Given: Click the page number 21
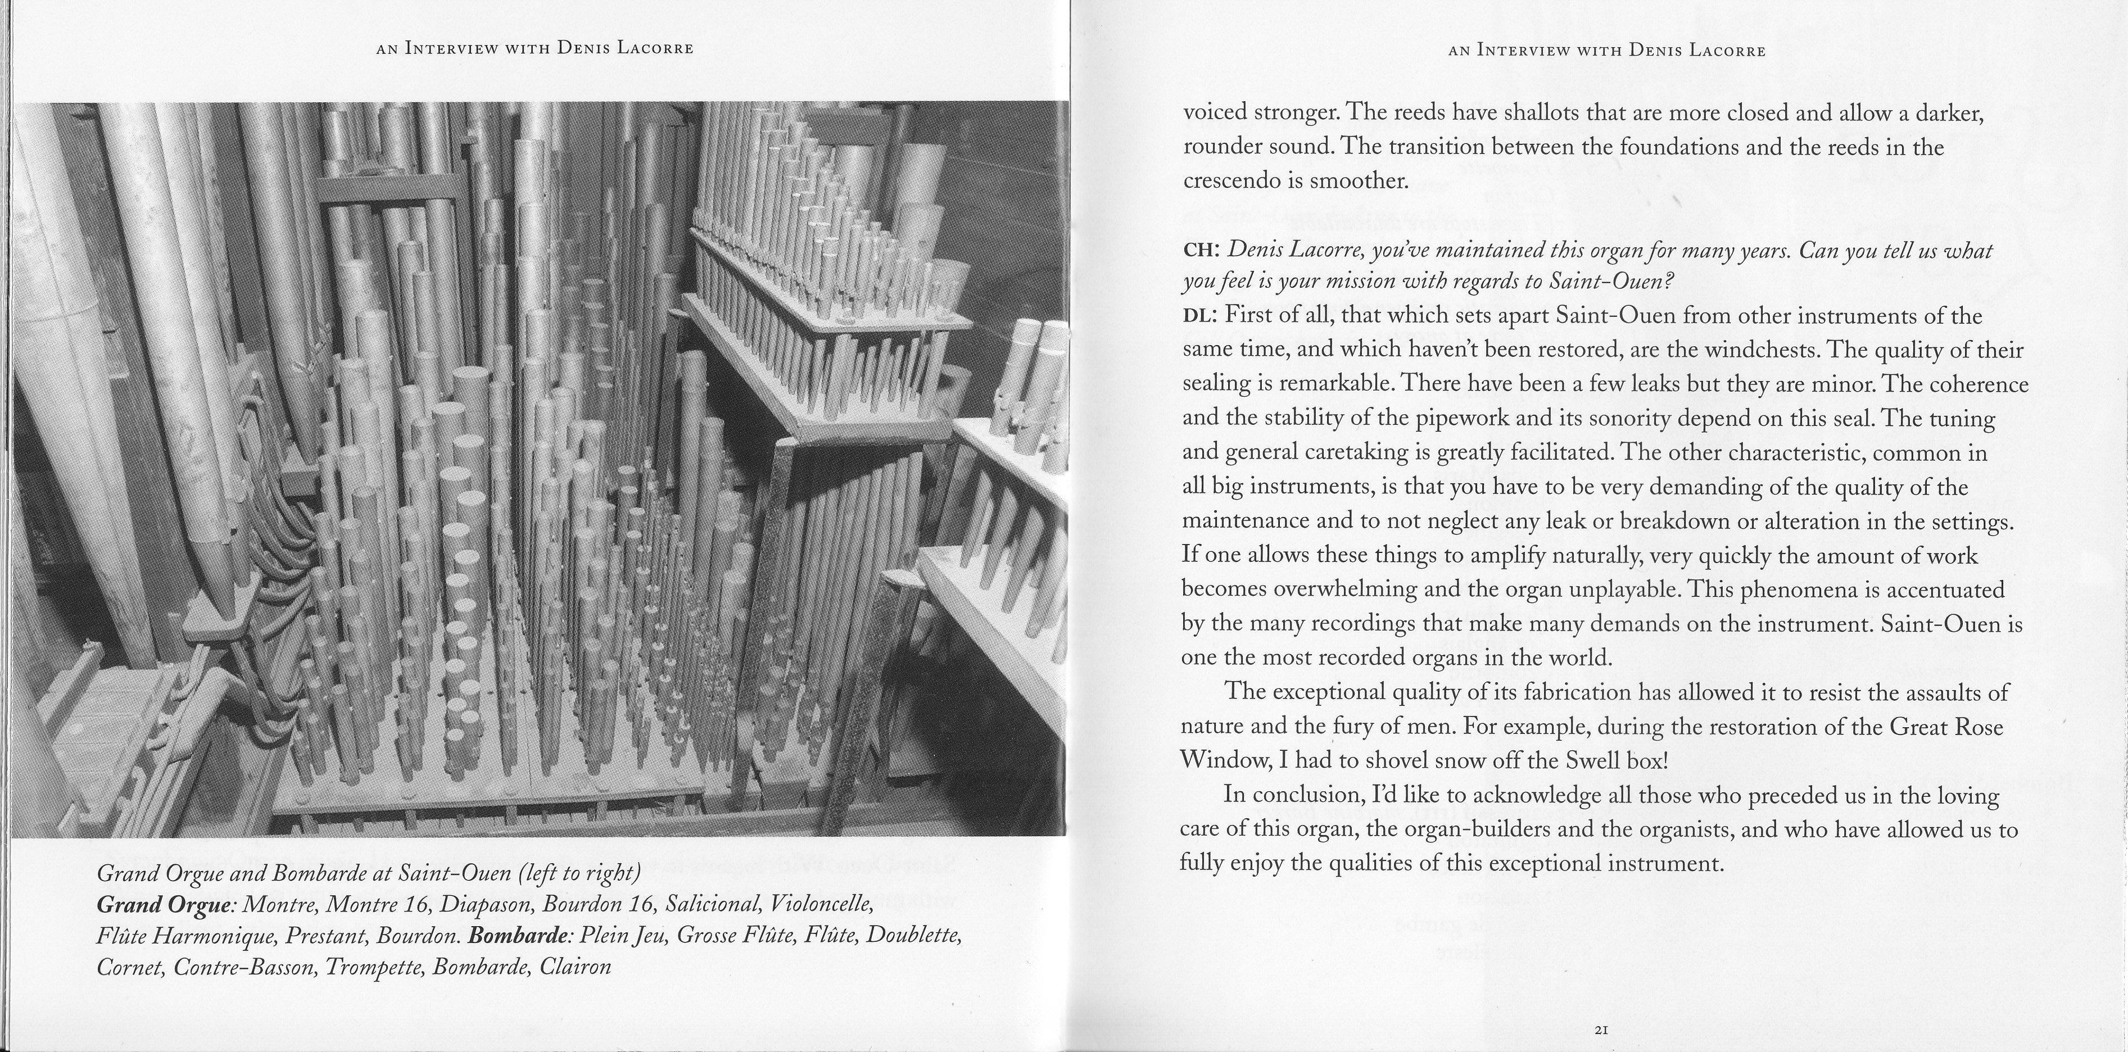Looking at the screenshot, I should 1600,1030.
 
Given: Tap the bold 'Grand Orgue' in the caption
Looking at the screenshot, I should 164,905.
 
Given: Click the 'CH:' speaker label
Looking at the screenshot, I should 1202,250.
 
